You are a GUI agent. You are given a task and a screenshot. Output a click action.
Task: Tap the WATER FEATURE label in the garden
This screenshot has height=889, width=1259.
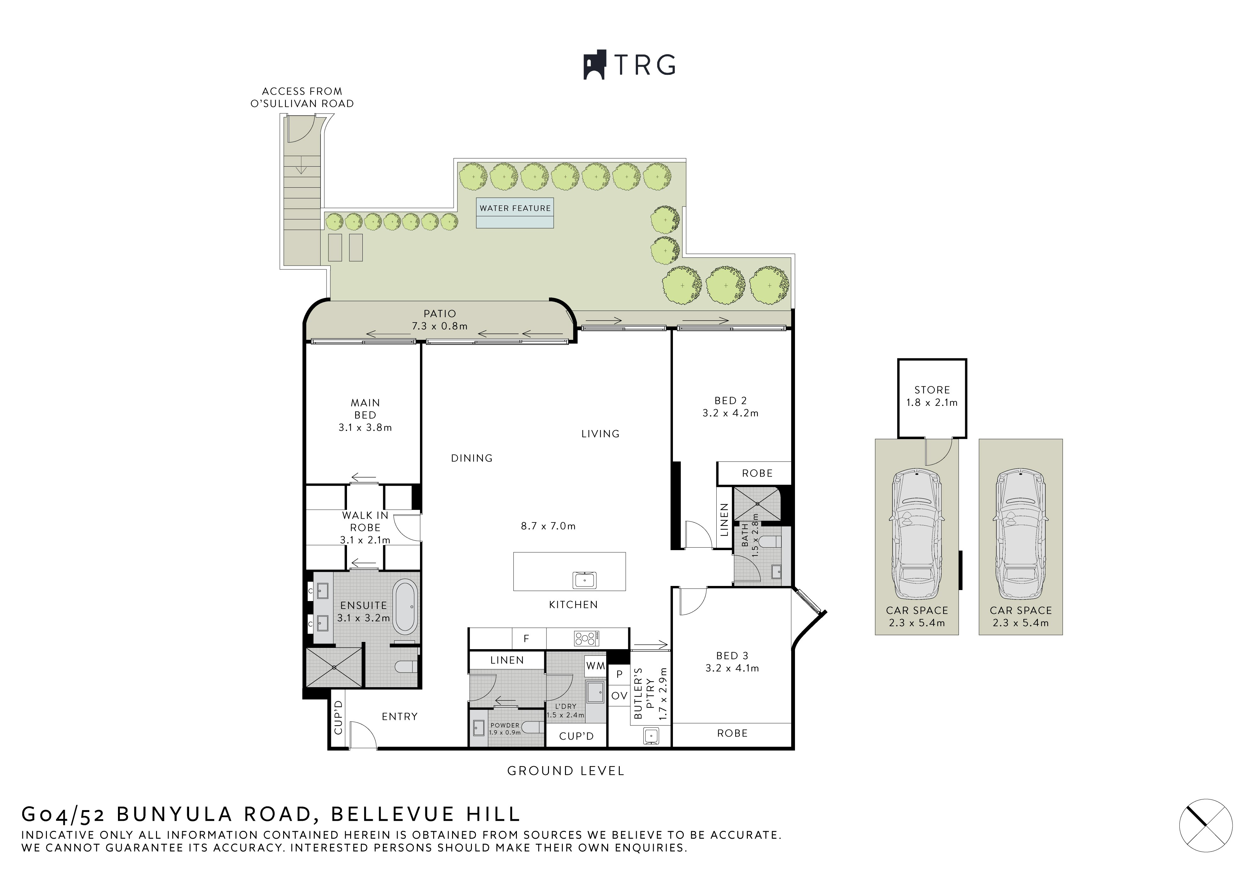pos(515,208)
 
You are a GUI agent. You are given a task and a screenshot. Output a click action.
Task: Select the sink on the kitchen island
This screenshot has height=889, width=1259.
pos(585,579)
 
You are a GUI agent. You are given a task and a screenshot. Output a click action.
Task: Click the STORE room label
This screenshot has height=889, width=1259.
pos(932,390)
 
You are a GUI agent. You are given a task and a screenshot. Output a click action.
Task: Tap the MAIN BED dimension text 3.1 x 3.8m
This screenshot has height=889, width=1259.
pos(365,428)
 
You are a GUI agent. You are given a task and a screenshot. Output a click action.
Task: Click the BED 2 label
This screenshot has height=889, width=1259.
pos(730,401)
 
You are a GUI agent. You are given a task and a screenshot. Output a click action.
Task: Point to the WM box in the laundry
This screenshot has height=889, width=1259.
pos(596,666)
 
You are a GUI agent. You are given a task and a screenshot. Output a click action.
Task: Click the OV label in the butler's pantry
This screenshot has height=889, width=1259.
pos(619,696)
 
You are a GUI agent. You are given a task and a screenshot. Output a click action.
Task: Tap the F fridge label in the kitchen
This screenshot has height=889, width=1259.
pos(526,638)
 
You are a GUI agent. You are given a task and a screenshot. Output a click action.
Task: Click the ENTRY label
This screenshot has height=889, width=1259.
pos(400,716)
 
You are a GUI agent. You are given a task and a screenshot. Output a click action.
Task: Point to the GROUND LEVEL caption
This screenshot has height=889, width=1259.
pos(565,770)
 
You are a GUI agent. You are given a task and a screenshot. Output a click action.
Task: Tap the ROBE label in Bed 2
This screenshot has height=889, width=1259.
pos(757,473)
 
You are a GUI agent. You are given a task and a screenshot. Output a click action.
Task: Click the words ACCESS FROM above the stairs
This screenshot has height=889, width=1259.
pos(302,91)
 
